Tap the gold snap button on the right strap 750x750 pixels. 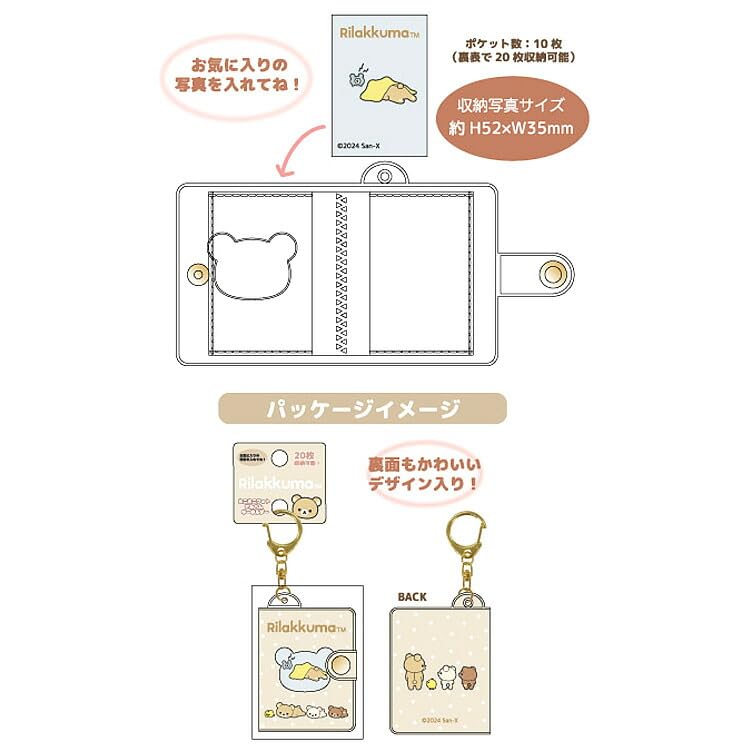[x=550, y=275]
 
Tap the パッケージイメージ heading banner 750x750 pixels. [x=363, y=409]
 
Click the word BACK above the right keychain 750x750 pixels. [x=412, y=597]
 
